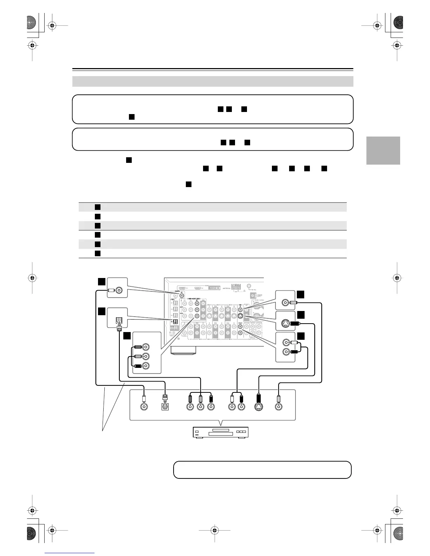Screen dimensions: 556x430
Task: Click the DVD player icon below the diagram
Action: click(221, 432)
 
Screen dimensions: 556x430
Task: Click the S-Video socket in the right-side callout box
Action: click(285, 323)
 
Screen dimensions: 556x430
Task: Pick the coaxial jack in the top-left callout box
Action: click(119, 290)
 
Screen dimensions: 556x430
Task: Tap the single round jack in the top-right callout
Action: click(285, 302)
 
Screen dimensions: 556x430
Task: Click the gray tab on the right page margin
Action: click(383, 150)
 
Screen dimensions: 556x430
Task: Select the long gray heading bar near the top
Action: click(213, 81)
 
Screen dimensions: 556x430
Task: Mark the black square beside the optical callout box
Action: click(101, 311)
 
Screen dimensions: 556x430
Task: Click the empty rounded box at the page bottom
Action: click(262, 470)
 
